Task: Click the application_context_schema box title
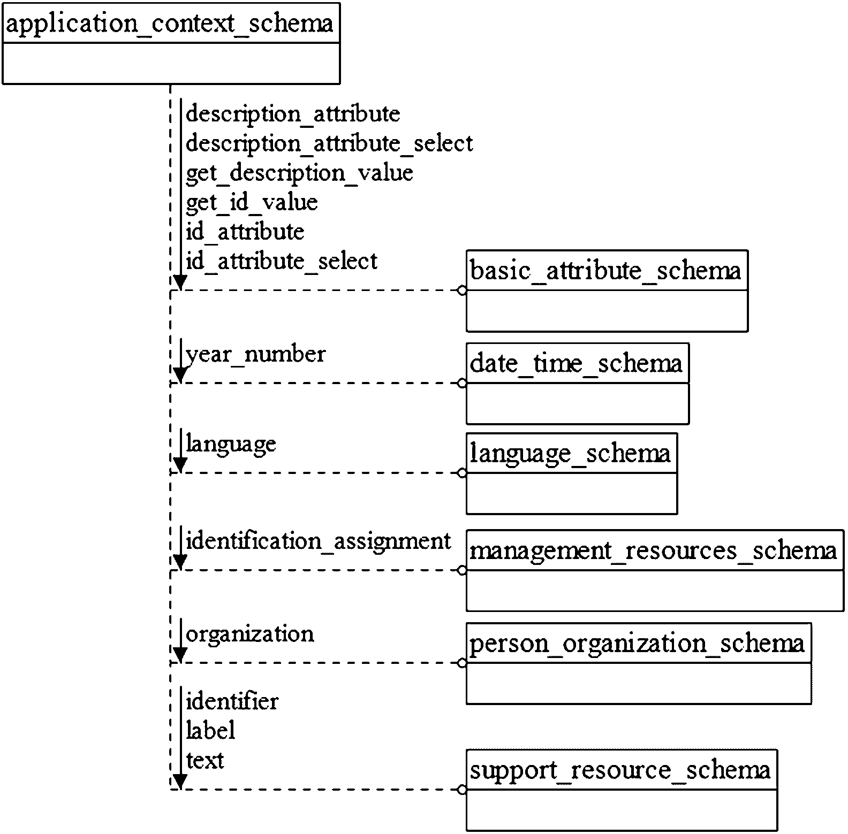point(170,24)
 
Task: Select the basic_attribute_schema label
point(605,271)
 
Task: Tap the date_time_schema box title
point(576,364)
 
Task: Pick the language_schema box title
point(570,454)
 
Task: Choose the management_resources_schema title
point(653,551)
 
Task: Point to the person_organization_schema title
point(637,644)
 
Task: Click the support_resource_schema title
point(620,771)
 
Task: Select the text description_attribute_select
point(329,144)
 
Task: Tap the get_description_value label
point(299,173)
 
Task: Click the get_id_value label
point(252,203)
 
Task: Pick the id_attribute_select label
point(282,262)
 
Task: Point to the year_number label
point(255,355)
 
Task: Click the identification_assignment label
point(318,541)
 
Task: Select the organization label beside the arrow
point(249,634)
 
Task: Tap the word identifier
point(232,701)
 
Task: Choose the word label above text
point(210,731)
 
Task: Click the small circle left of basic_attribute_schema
point(462,291)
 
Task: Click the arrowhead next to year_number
point(180,374)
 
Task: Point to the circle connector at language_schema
point(462,473)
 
